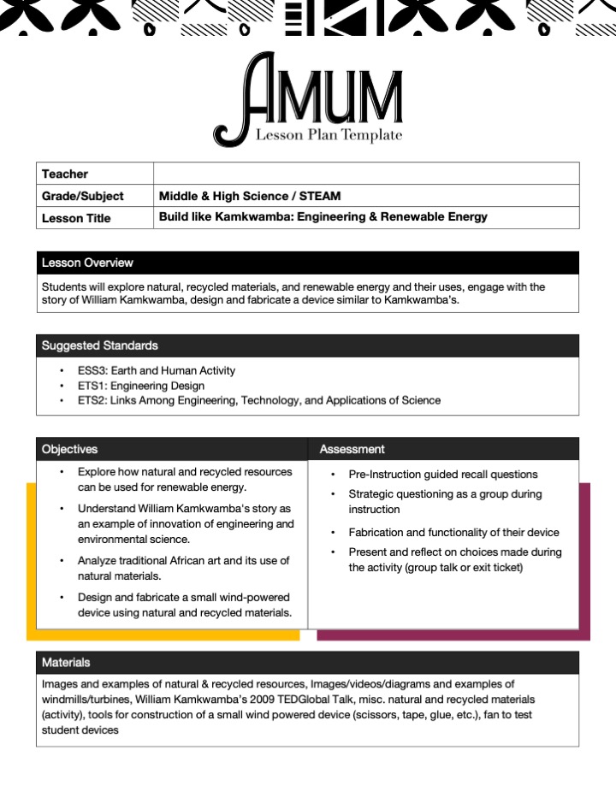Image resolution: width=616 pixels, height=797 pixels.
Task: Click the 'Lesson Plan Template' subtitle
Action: [329, 135]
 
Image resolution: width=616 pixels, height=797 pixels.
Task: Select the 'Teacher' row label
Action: [65, 174]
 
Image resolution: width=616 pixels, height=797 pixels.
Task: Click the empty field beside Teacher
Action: [366, 174]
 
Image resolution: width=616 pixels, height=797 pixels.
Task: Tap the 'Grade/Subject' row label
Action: [82, 196]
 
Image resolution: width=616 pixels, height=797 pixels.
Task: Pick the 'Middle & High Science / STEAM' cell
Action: [250, 196]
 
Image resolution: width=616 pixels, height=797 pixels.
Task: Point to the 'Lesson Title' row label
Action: [76, 218]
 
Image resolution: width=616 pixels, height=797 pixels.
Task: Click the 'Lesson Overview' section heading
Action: [87, 263]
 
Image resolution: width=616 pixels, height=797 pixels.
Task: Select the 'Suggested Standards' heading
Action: [99, 345]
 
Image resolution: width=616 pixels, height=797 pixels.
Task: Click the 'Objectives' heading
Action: [69, 449]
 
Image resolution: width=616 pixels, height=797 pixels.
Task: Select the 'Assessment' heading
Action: [352, 449]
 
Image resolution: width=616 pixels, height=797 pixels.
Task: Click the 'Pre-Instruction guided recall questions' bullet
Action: [442, 475]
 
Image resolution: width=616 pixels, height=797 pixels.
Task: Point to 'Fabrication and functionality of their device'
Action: [453, 532]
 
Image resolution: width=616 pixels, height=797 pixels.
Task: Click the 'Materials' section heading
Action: [66, 663]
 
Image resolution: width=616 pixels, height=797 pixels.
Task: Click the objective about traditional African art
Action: [183, 569]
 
